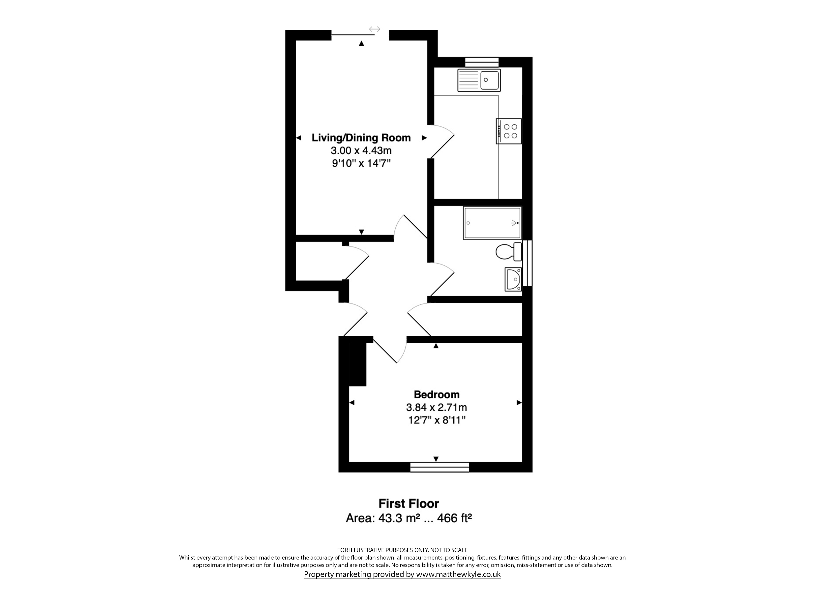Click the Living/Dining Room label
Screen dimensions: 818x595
361,138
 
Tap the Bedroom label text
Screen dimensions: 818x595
437,394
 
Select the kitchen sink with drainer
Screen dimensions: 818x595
479,80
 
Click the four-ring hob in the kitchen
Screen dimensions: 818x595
509,131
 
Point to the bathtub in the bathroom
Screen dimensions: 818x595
492,223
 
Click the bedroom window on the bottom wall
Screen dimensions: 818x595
440,467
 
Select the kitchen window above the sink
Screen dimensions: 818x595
482,62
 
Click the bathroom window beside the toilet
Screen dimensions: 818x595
527,263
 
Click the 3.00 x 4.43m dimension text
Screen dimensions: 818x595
361,150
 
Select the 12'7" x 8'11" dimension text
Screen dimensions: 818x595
437,420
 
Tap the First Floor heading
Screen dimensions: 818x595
409,503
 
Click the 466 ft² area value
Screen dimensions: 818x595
454,518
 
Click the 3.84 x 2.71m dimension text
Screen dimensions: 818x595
437,407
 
